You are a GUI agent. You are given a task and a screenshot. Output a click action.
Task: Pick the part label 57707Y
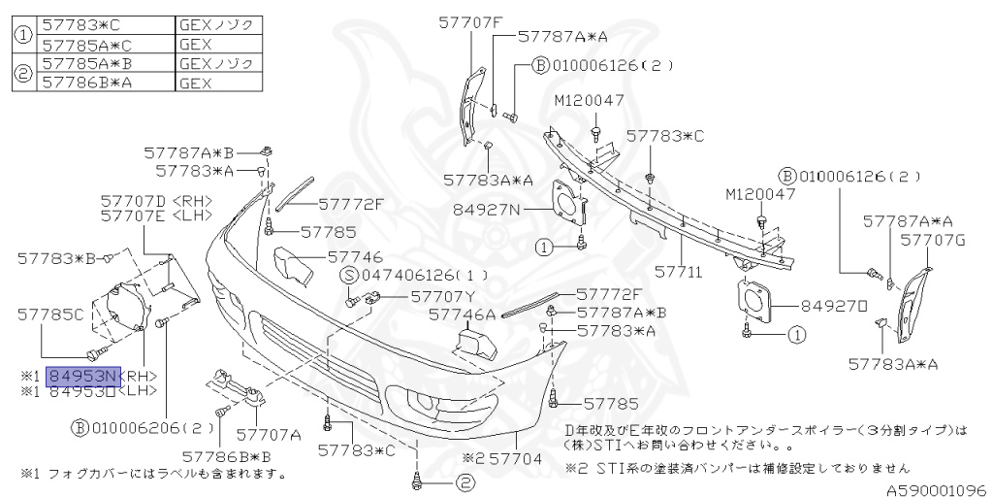point(443,296)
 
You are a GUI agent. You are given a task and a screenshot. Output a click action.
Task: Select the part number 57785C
point(51,314)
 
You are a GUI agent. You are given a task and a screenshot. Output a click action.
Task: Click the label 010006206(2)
point(148,426)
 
